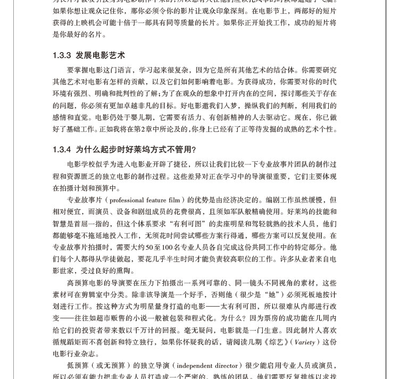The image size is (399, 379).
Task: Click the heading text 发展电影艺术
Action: pyautogui.click(x=100, y=55)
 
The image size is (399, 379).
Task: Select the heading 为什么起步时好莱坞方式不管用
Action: pyautogui.click(x=136, y=150)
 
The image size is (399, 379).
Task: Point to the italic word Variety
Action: pyautogui.click(x=304, y=342)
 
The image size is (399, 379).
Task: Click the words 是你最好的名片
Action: pyautogui.click(x=79, y=35)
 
